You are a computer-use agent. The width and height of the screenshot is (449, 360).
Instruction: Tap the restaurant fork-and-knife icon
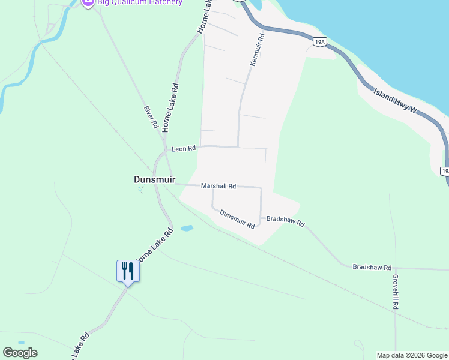pos(128,271)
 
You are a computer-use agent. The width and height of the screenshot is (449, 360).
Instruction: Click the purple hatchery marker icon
pos(88,3)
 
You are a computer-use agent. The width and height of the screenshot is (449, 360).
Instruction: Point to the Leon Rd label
pos(184,148)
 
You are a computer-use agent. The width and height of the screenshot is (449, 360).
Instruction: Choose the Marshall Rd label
pos(218,187)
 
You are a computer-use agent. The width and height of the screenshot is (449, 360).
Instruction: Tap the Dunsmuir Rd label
pos(237,219)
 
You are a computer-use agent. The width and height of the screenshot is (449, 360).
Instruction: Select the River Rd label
pos(150,118)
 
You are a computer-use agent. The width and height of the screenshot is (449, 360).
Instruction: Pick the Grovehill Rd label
pos(396,292)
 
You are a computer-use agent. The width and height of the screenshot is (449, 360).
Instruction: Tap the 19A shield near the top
pos(319,41)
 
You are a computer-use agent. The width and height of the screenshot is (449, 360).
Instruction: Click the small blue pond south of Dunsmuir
pos(187,229)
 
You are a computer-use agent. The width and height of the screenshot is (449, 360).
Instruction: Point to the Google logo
pos(20,353)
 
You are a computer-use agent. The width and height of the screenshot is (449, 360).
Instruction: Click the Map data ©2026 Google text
pos(412,355)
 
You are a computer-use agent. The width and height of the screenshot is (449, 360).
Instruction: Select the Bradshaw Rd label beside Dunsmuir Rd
pos(286,221)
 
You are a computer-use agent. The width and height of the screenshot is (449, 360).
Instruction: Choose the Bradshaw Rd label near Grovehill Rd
pos(372,267)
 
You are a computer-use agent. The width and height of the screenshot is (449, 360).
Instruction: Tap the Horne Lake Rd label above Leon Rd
pos(171,107)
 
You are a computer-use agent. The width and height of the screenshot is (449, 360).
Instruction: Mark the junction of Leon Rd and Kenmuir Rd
pos(238,146)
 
